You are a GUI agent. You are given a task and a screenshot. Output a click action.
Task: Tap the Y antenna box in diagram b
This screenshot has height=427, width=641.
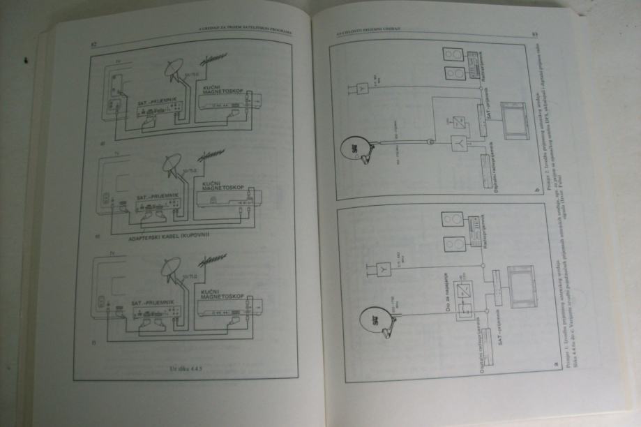tap(363, 89)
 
